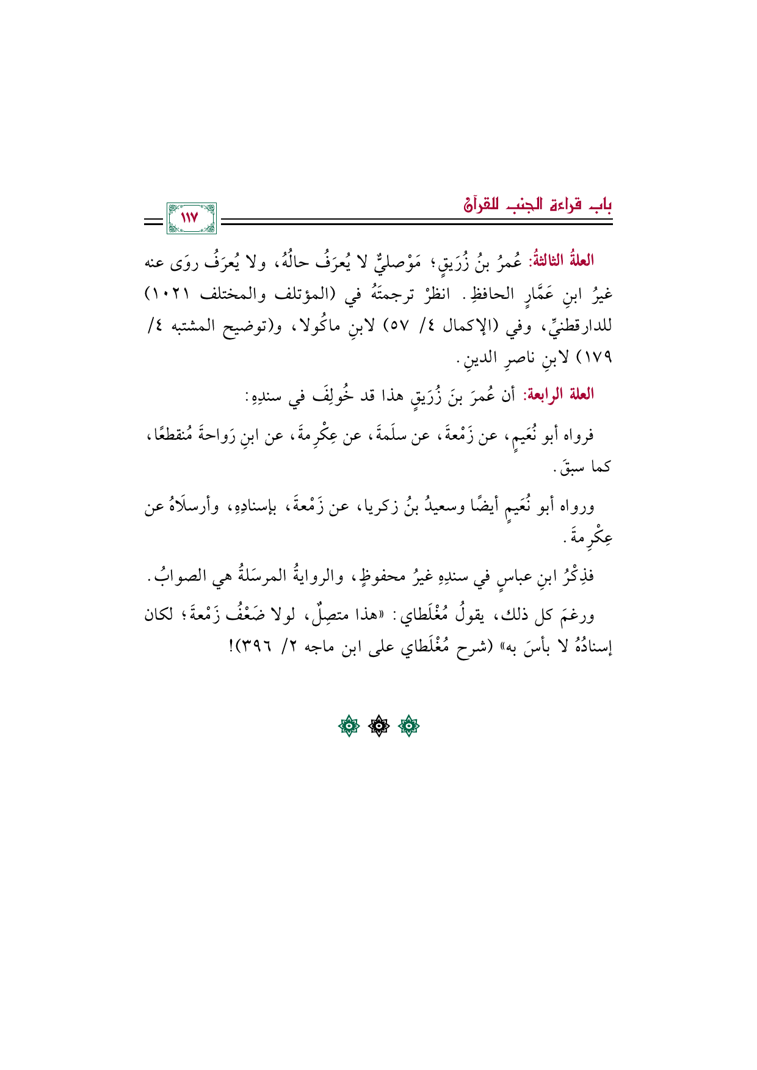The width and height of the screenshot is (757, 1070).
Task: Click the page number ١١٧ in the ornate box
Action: (190, 218)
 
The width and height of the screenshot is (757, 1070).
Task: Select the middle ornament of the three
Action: (378, 726)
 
